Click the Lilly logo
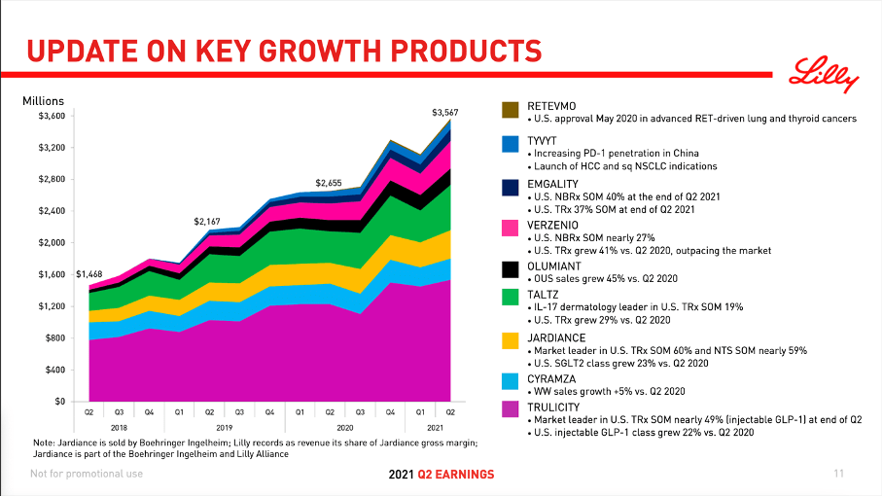[x=824, y=74]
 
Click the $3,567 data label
[x=444, y=113]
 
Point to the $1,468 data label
[x=88, y=274]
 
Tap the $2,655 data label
[x=329, y=183]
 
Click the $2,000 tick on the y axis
[x=52, y=242]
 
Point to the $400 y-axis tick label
[x=54, y=370]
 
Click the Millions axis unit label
[x=43, y=100]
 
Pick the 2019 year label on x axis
[x=225, y=427]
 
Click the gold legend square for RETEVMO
[x=510, y=110]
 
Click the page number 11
[x=838, y=474]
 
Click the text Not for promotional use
[x=87, y=474]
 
